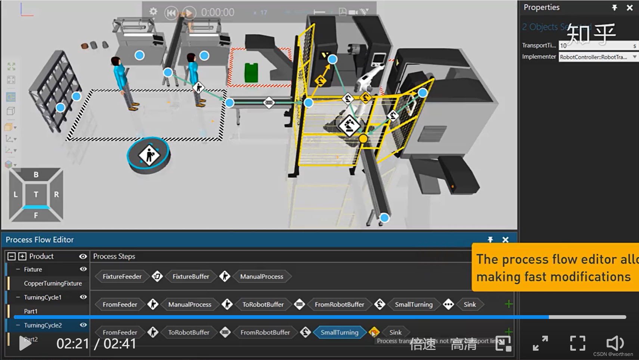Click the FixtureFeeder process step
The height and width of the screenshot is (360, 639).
(x=122, y=277)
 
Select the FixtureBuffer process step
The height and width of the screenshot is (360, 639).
(x=190, y=277)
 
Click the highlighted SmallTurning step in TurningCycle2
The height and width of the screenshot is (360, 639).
(x=339, y=332)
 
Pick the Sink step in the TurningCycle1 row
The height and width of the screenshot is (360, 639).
(x=469, y=304)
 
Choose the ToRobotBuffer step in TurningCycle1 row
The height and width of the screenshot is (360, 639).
(x=263, y=304)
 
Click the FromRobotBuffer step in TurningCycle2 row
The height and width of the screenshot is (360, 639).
(x=265, y=332)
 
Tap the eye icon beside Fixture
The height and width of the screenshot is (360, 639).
(x=83, y=269)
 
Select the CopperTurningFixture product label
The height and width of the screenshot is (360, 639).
(x=53, y=283)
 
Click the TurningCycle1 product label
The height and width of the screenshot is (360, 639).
(x=43, y=297)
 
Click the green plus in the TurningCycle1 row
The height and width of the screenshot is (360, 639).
(x=508, y=304)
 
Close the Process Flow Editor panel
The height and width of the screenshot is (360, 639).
(x=505, y=240)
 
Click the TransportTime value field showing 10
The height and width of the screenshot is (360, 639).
(x=594, y=46)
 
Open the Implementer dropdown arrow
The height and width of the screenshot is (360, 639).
(x=635, y=57)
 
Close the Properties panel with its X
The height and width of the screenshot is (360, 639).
(x=630, y=7)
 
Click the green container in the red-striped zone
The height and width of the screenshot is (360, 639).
(x=251, y=73)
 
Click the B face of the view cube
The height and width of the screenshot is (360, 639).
(x=36, y=174)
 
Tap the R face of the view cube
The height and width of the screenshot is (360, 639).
(x=56, y=194)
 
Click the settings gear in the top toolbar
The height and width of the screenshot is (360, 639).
(x=153, y=12)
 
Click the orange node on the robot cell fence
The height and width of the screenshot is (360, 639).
(x=363, y=139)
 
